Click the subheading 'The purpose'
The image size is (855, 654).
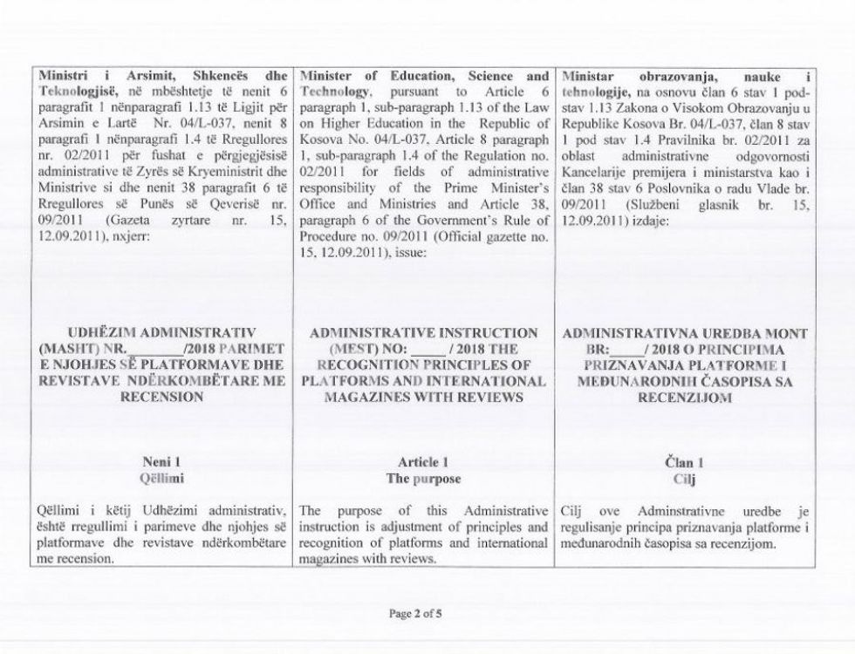click(425, 479)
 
